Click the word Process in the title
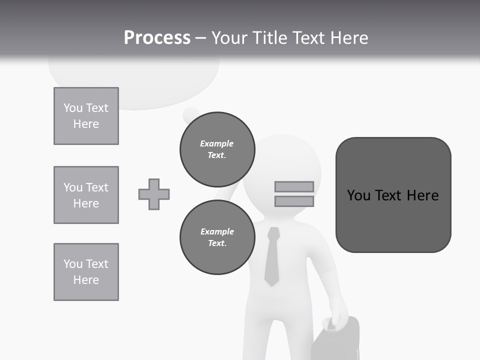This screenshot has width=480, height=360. [157, 38]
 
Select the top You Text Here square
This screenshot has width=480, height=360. [86, 116]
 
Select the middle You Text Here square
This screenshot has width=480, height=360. [86, 195]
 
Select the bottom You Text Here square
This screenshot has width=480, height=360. [86, 272]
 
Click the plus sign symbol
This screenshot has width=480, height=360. [154, 194]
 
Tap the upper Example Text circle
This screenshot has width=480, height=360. [217, 149]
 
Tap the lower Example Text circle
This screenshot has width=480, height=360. [217, 237]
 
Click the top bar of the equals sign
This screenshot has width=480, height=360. [294, 186]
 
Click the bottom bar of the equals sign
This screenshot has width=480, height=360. [294, 201]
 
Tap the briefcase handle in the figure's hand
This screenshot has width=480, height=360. [332, 324]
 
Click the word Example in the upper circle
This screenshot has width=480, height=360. [216, 143]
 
